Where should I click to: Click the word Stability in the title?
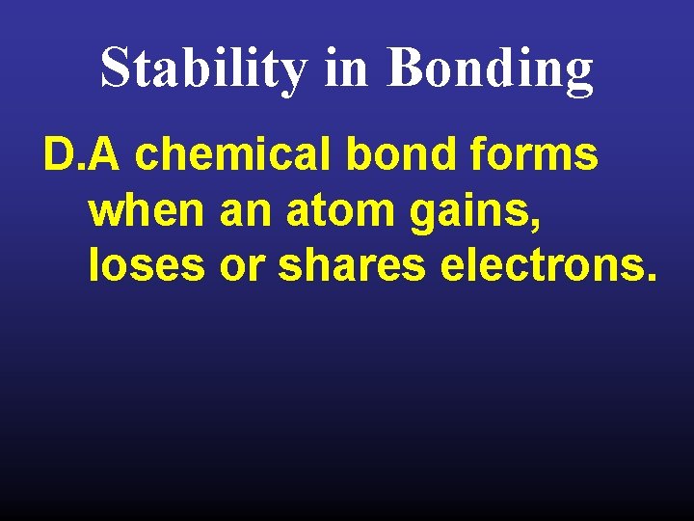203,69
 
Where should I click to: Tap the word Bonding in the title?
492,69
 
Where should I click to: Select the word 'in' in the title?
347,69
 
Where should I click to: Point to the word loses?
146,265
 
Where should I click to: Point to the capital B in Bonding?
406,69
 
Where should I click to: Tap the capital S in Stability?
115,69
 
